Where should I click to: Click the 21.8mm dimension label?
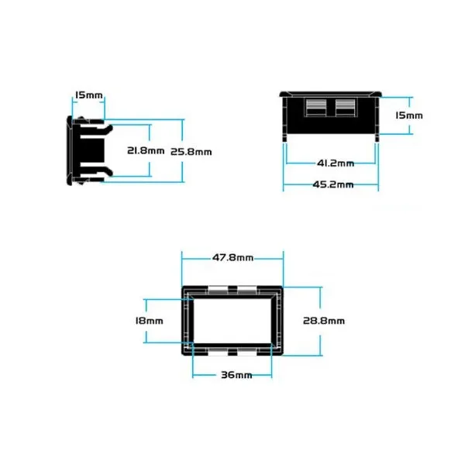coord(146,150)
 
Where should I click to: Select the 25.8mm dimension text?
coord(191,152)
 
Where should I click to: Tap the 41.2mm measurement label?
coord(336,163)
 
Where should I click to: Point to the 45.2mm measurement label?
coord(333,184)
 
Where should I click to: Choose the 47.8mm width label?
coord(232,257)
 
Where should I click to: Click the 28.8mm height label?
coord(324,321)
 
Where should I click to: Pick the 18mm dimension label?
coord(149,321)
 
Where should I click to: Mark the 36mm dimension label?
coord(236,375)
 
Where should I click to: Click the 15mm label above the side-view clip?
coord(88,95)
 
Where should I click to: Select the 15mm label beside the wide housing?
coord(409,115)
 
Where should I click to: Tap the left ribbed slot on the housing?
coord(316,108)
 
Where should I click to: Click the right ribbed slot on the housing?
coord(345,108)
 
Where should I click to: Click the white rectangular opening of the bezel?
coord(232,321)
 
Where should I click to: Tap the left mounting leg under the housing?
coord(284,138)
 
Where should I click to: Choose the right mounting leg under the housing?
coord(377,138)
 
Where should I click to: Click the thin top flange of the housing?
coord(330,95)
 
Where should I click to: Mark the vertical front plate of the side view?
coord(70,150)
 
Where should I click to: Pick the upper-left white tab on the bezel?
coord(218,289)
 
